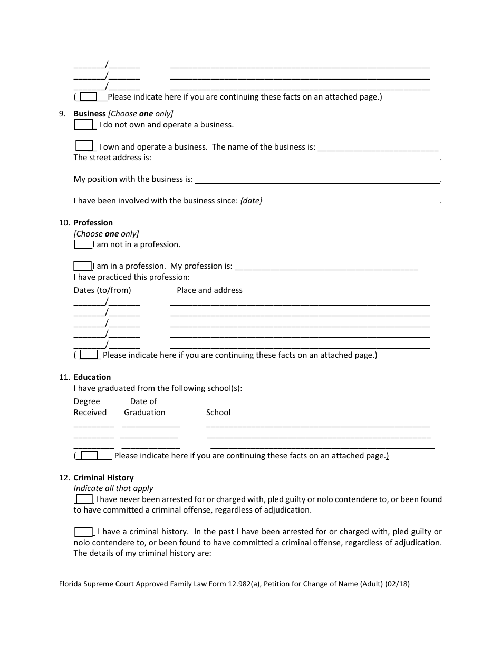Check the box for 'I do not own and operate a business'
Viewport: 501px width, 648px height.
click(83, 124)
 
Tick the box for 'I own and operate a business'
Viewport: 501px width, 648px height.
click(84, 146)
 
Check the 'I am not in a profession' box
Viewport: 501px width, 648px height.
click(82, 244)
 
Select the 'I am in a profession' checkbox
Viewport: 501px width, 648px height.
click(82, 266)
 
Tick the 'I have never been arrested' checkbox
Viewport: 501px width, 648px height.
click(84, 498)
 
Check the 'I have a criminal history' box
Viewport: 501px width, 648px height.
click(83, 532)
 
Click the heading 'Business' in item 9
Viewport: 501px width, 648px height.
click(90, 114)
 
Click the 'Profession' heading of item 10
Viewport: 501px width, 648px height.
click(93, 223)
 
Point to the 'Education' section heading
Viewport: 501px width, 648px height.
click(92, 377)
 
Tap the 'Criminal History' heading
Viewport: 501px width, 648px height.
click(103, 478)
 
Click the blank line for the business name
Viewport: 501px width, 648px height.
click(378, 148)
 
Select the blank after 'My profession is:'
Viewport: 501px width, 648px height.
click(326, 267)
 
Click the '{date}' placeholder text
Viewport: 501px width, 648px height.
click(251, 201)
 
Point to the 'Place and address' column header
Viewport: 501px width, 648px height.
click(209, 290)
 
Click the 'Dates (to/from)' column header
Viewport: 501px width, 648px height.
click(102, 290)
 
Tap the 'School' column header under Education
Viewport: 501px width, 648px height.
click(218, 413)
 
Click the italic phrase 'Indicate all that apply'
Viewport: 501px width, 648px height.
click(113, 488)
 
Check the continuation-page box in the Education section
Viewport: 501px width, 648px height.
click(89, 455)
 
